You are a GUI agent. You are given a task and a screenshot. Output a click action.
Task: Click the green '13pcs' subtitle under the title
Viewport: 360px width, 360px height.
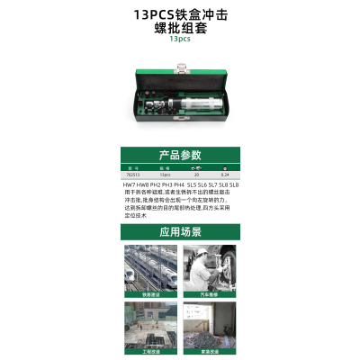pos(180,39)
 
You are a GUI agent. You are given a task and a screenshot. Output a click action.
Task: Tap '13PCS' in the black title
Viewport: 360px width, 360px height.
pos(149,15)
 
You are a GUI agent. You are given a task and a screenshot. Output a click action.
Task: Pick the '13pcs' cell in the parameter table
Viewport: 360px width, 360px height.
pos(165,175)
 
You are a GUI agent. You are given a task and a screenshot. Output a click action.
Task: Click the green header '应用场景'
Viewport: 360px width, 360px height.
pos(180,231)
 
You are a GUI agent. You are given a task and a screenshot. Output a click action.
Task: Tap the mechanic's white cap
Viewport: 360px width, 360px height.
pos(203,252)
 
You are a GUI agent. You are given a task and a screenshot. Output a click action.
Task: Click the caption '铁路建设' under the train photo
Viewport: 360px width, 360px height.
pos(149,294)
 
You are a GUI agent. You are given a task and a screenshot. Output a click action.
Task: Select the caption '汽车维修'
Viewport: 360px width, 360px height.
pos(210,294)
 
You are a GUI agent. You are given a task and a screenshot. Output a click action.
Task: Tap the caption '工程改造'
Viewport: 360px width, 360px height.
pos(149,352)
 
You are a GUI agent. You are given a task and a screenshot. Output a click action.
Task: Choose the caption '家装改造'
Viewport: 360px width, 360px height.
pos(210,352)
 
